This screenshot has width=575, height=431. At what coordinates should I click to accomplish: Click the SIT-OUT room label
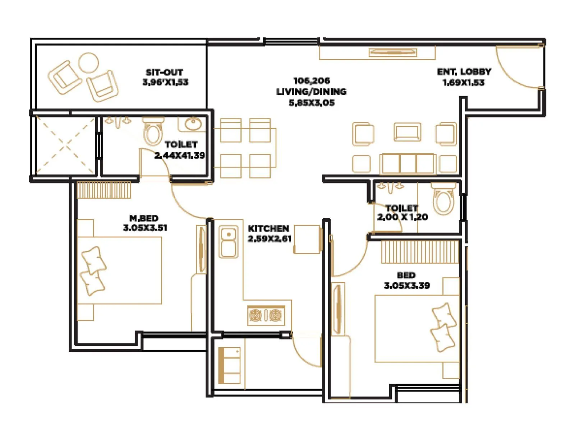[x=165, y=72]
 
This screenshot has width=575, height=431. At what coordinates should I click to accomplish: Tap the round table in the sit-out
[x=88, y=63]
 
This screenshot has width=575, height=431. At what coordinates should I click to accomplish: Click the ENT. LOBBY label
[x=464, y=71]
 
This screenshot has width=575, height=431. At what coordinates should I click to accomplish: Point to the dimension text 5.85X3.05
[x=312, y=103]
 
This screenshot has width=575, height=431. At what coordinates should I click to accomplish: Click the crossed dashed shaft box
[x=65, y=145]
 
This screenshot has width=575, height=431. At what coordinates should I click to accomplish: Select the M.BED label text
[x=144, y=218]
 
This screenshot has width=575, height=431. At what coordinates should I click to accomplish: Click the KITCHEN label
[x=268, y=228]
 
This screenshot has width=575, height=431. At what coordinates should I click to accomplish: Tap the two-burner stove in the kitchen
[x=266, y=315]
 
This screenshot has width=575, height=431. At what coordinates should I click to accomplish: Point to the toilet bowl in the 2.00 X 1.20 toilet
[x=444, y=199]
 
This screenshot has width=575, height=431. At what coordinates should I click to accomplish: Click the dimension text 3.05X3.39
[x=407, y=286]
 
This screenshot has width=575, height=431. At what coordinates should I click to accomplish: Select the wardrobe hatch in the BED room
[x=420, y=252]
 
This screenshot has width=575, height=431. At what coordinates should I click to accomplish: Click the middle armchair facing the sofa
[x=407, y=132]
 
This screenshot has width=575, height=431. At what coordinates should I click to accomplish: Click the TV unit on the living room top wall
[x=393, y=53]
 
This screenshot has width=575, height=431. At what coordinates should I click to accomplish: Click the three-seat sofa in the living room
[x=408, y=164]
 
